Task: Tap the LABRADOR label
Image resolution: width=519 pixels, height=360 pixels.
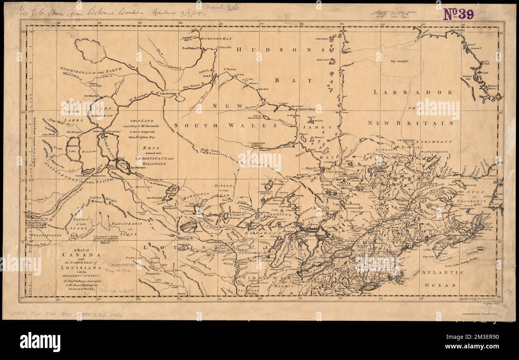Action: [413, 92]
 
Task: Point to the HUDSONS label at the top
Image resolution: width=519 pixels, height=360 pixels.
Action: [281, 50]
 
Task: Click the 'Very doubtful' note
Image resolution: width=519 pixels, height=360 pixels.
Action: [400, 61]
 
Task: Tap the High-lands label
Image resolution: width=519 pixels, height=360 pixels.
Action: [210, 151]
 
